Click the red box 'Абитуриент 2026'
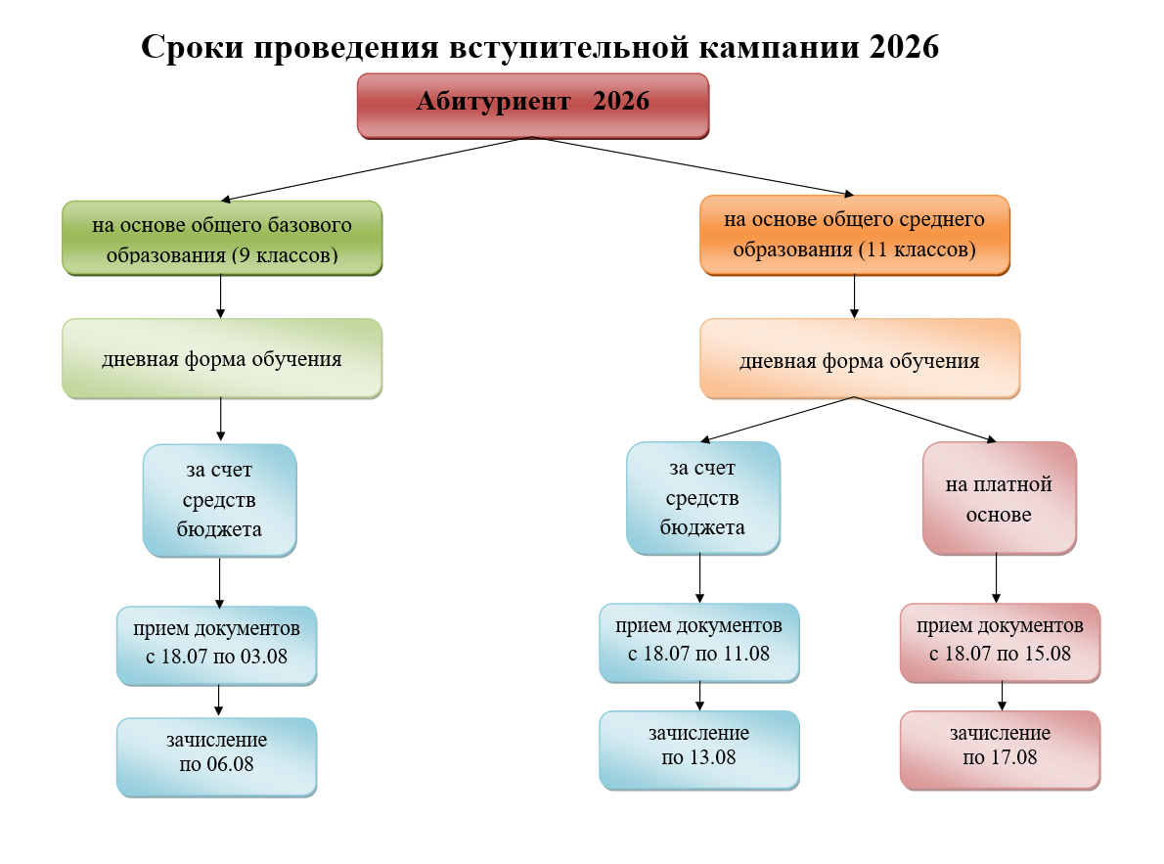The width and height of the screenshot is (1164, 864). click(532, 104)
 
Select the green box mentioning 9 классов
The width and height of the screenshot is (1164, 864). click(222, 239)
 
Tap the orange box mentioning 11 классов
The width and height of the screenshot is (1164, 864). click(854, 235)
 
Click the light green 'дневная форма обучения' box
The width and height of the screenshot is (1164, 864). click(222, 358)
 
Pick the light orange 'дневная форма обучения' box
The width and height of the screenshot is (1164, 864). click(859, 359)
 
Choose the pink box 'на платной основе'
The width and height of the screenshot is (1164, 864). click(999, 499)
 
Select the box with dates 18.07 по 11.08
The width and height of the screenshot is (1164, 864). click(698, 642)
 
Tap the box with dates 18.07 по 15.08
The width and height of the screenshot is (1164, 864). click(1000, 642)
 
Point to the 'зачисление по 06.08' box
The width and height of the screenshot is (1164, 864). click(217, 755)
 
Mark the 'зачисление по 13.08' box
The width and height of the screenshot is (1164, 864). click(698, 749)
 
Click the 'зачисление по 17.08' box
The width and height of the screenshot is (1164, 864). click(1000, 749)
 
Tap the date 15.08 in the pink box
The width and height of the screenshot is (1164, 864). click(1046, 654)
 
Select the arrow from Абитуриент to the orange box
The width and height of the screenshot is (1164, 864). click(694, 166)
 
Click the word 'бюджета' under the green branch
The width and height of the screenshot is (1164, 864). click(219, 529)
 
